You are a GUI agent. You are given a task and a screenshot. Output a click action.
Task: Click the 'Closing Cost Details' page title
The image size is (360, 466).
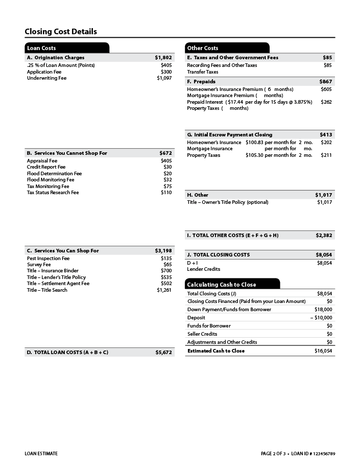click(x=61, y=32)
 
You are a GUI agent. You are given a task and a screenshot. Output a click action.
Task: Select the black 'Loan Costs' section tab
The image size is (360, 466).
click(x=41, y=48)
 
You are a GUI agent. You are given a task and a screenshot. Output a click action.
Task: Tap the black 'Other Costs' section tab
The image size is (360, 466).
click(x=203, y=48)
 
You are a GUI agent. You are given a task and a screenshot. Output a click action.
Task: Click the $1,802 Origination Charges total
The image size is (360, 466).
click(x=163, y=58)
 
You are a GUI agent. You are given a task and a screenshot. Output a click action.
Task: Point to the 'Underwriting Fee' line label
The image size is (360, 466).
click(x=46, y=78)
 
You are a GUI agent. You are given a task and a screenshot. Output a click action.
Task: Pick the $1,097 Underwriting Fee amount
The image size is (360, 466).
click(x=164, y=78)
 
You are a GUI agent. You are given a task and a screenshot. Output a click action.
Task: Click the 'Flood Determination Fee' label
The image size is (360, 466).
click(x=54, y=174)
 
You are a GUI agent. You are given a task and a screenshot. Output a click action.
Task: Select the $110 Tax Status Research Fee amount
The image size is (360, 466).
click(x=166, y=193)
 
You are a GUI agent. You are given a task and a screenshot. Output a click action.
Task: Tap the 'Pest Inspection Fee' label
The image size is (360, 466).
click(x=48, y=258)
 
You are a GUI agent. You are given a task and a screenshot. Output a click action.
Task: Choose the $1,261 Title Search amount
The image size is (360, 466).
click(x=164, y=290)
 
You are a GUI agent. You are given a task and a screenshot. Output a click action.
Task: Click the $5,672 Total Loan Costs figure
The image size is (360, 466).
click(x=164, y=353)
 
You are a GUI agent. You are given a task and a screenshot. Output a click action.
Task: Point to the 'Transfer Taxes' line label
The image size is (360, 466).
click(x=203, y=72)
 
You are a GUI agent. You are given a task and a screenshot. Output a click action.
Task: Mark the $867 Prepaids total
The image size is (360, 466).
click(x=325, y=82)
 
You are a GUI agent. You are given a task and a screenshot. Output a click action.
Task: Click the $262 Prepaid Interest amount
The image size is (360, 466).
click(x=326, y=102)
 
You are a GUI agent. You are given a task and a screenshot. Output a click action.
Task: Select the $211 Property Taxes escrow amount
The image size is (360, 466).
click(x=326, y=155)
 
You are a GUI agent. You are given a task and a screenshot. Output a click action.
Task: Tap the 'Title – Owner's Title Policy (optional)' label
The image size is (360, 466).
click(x=228, y=202)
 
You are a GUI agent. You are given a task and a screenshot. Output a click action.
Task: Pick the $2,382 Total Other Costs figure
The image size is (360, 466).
click(x=324, y=236)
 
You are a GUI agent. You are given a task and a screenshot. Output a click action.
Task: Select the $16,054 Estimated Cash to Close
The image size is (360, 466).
click(x=323, y=351)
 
